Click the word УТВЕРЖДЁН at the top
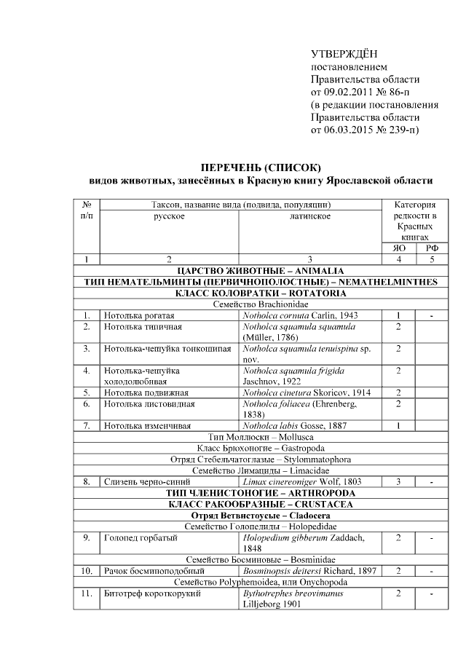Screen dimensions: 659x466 (344, 53)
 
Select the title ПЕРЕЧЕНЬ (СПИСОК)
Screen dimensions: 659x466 (260, 167)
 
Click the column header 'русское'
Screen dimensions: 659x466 (168, 216)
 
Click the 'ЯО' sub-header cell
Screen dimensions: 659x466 (398, 248)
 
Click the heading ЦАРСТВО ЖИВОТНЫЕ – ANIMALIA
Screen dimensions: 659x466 (260, 270)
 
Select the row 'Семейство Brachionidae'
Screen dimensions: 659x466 (260, 304)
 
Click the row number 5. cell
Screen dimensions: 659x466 (87, 392)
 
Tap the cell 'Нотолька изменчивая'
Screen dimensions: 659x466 (146, 425)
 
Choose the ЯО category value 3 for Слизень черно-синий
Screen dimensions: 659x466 (398, 481)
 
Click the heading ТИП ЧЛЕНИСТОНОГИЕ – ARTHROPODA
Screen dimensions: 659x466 (260, 493)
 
